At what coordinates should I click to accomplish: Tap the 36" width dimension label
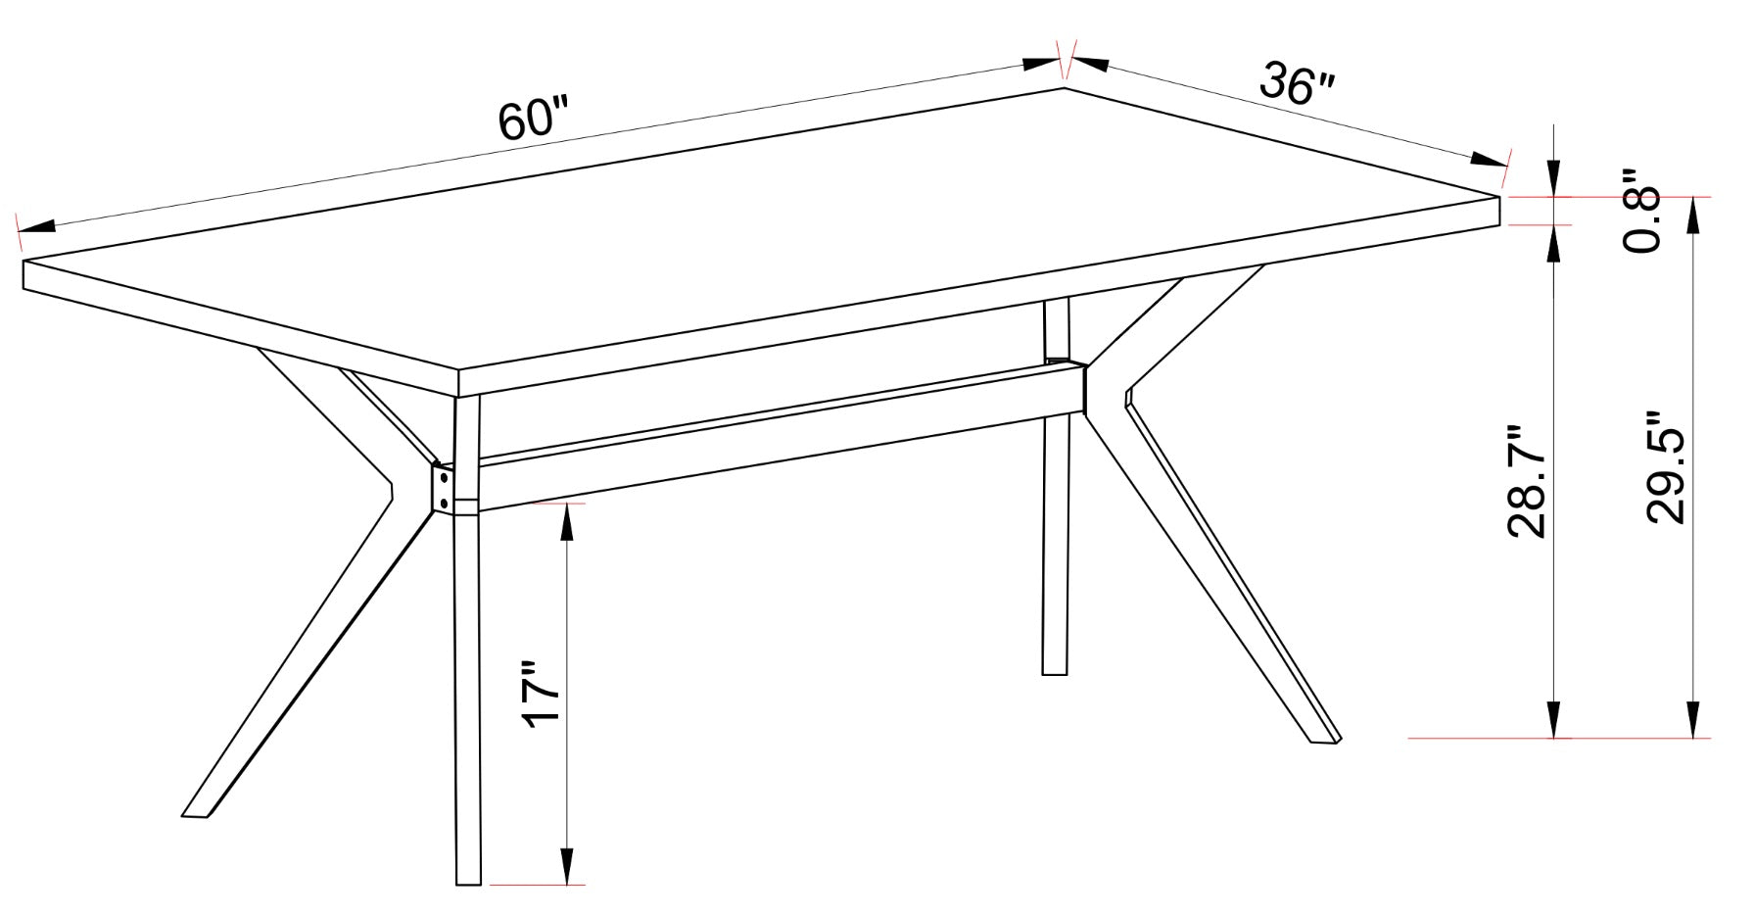pyautogui.click(x=1297, y=84)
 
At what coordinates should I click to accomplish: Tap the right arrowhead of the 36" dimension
pyautogui.click(x=1490, y=160)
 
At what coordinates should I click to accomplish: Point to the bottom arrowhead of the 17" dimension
pyautogui.click(x=565, y=866)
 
